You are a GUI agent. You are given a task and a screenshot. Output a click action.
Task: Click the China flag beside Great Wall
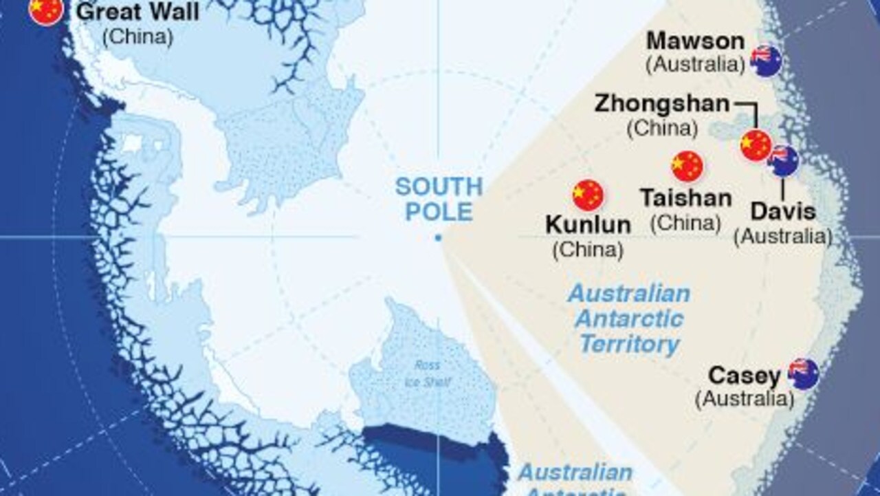click(x=46, y=10)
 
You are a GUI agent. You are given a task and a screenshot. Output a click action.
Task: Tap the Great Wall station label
click(x=137, y=12)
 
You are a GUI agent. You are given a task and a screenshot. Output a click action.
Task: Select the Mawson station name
click(x=695, y=41)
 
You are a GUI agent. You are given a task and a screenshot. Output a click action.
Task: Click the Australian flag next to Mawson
click(x=766, y=61)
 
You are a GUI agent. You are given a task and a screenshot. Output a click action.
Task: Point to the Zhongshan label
click(x=661, y=104)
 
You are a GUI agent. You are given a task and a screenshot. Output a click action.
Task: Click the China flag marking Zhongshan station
click(x=756, y=145)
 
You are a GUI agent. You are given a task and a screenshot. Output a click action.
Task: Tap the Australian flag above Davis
click(x=783, y=161)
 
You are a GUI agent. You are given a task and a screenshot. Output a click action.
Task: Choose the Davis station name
click(x=782, y=211)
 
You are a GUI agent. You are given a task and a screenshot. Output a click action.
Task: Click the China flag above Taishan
click(x=687, y=166)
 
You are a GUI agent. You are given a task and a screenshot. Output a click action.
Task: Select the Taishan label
click(x=685, y=199)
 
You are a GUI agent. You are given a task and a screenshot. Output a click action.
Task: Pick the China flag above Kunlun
click(x=588, y=195)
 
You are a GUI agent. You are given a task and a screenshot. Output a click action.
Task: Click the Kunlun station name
click(x=588, y=225)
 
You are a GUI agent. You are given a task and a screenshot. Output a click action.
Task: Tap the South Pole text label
click(x=438, y=199)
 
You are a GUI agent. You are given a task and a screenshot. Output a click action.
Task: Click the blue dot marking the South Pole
click(x=438, y=239)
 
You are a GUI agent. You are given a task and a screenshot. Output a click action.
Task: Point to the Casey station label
click(x=744, y=376)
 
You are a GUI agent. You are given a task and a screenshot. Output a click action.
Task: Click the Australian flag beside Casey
click(x=803, y=374)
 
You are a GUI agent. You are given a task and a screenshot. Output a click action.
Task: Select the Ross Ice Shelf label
click(x=427, y=373)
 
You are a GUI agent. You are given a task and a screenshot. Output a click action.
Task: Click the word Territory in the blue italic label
click(x=628, y=344)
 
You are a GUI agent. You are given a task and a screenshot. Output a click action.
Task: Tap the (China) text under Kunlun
click(x=588, y=250)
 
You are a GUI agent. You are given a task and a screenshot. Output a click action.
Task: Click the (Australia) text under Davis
click(x=782, y=237)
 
